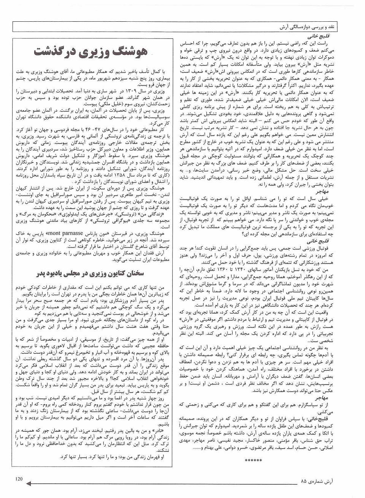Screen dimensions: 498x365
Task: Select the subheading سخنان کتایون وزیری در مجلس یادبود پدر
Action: (x=91, y=273)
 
